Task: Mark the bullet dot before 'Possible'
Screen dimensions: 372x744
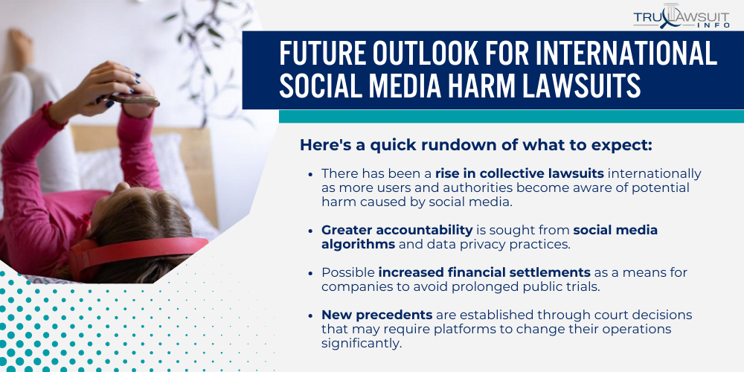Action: tap(310, 274)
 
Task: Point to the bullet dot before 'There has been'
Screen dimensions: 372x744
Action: tap(310, 174)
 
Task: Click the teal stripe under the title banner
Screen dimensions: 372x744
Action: tap(510, 116)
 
